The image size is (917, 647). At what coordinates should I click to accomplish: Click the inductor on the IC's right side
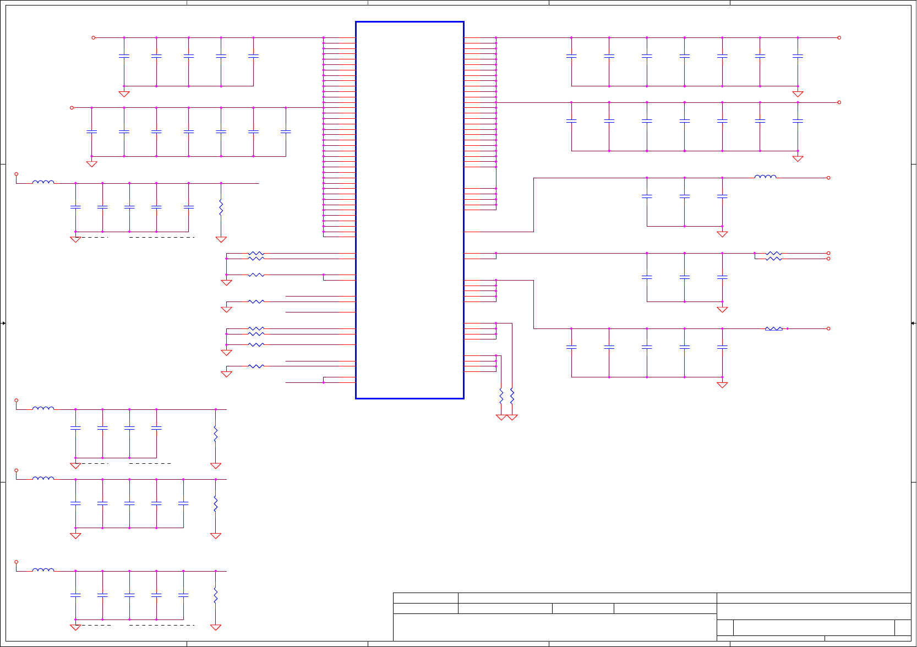click(765, 177)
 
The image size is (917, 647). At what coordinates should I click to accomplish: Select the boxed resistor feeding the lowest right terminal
click(773, 328)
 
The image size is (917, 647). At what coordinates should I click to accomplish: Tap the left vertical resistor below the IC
click(501, 395)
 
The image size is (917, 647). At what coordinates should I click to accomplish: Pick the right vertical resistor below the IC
click(512, 395)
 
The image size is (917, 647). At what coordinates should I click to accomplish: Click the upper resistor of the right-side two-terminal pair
click(773, 253)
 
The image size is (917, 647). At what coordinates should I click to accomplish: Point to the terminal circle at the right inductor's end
click(828, 178)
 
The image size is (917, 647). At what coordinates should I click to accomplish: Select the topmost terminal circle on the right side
click(839, 38)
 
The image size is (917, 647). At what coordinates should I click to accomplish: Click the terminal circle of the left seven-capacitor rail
click(72, 108)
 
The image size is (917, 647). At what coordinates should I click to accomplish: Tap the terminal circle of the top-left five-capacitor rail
click(94, 38)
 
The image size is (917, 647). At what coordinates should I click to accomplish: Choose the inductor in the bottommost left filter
click(43, 570)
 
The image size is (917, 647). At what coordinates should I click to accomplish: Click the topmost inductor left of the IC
click(43, 182)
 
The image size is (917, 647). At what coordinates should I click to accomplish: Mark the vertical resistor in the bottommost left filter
click(216, 595)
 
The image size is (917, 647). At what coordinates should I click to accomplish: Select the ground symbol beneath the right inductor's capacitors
click(722, 234)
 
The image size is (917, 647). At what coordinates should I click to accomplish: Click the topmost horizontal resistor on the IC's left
click(256, 253)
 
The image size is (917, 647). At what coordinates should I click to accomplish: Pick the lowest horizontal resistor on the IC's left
click(256, 366)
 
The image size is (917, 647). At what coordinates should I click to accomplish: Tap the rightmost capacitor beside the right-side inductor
click(722, 196)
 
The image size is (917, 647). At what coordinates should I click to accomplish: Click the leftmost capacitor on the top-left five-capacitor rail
click(124, 56)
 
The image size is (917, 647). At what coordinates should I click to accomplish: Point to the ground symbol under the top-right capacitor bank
click(798, 94)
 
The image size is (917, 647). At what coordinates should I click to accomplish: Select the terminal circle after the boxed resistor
click(828, 328)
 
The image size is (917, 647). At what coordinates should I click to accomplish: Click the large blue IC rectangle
click(410, 210)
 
